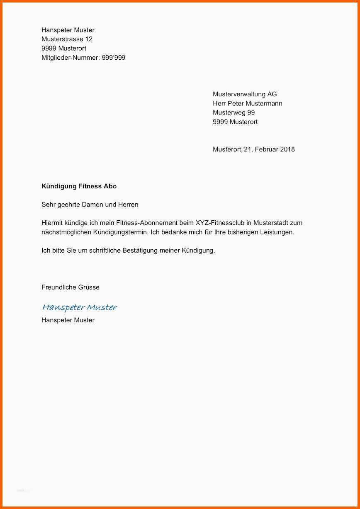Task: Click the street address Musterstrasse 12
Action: pyautogui.click(x=67, y=39)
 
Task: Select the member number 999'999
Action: pyautogui.click(x=114, y=58)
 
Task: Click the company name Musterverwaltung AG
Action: pyautogui.click(x=244, y=94)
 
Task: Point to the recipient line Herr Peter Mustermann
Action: pyautogui.click(x=247, y=103)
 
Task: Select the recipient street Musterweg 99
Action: pyautogui.click(x=234, y=112)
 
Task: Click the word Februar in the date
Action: pyautogui.click(x=266, y=149)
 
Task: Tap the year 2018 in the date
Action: pyautogui.click(x=287, y=149)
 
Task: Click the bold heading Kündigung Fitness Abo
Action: pyautogui.click(x=79, y=186)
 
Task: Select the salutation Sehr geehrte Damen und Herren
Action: pyautogui.click(x=90, y=205)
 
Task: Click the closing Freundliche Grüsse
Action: pyautogui.click(x=70, y=287)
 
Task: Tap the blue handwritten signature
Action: pyautogui.click(x=79, y=307)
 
